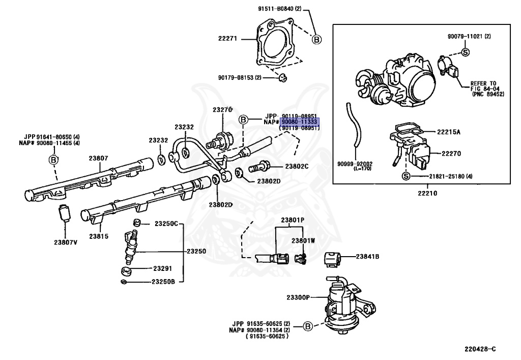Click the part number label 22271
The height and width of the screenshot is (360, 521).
pos(227,39)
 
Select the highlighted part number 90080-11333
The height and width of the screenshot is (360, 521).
pos(299,122)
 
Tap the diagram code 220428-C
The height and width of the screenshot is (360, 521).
pos(480,349)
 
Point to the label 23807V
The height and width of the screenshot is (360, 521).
pos(66,242)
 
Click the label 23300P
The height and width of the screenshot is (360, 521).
pos(298,297)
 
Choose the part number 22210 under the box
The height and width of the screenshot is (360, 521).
pos(427,193)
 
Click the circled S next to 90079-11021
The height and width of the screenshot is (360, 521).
pos(466,52)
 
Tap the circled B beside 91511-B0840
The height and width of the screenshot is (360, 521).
pos(316,40)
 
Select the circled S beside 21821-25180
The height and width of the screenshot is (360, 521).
pos(406,176)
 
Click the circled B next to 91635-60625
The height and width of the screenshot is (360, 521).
pos(308,326)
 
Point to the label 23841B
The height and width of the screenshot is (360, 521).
pos(367,256)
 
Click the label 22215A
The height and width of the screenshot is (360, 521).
pos(449,132)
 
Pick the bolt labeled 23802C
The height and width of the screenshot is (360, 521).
pos(259,166)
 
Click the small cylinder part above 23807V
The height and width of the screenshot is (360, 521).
pos(64,212)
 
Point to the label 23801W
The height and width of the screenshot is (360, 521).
pos(303,241)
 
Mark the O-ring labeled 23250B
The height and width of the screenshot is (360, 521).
pos(124,282)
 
